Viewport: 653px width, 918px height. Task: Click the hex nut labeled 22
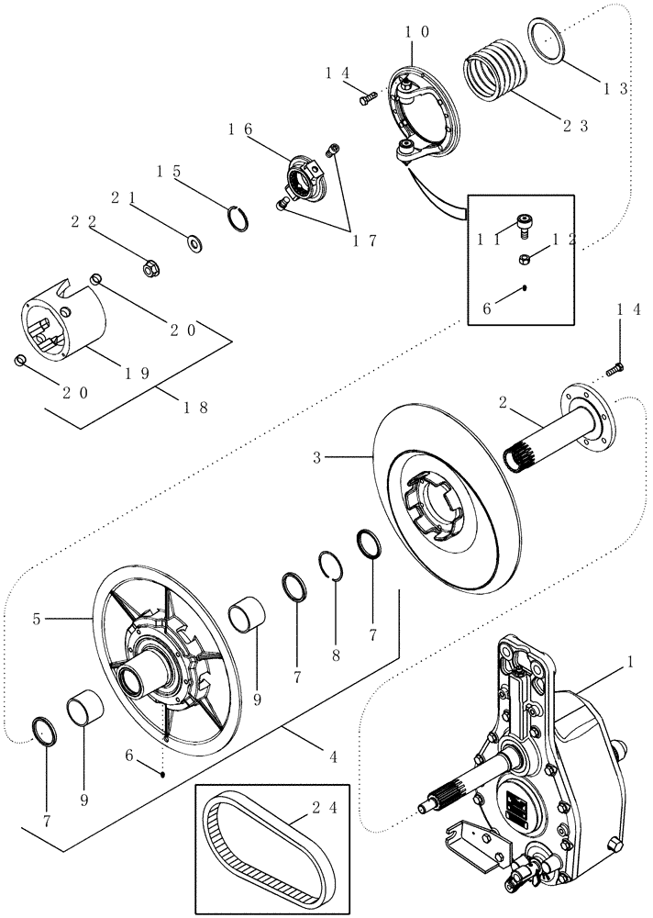click(x=152, y=268)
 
